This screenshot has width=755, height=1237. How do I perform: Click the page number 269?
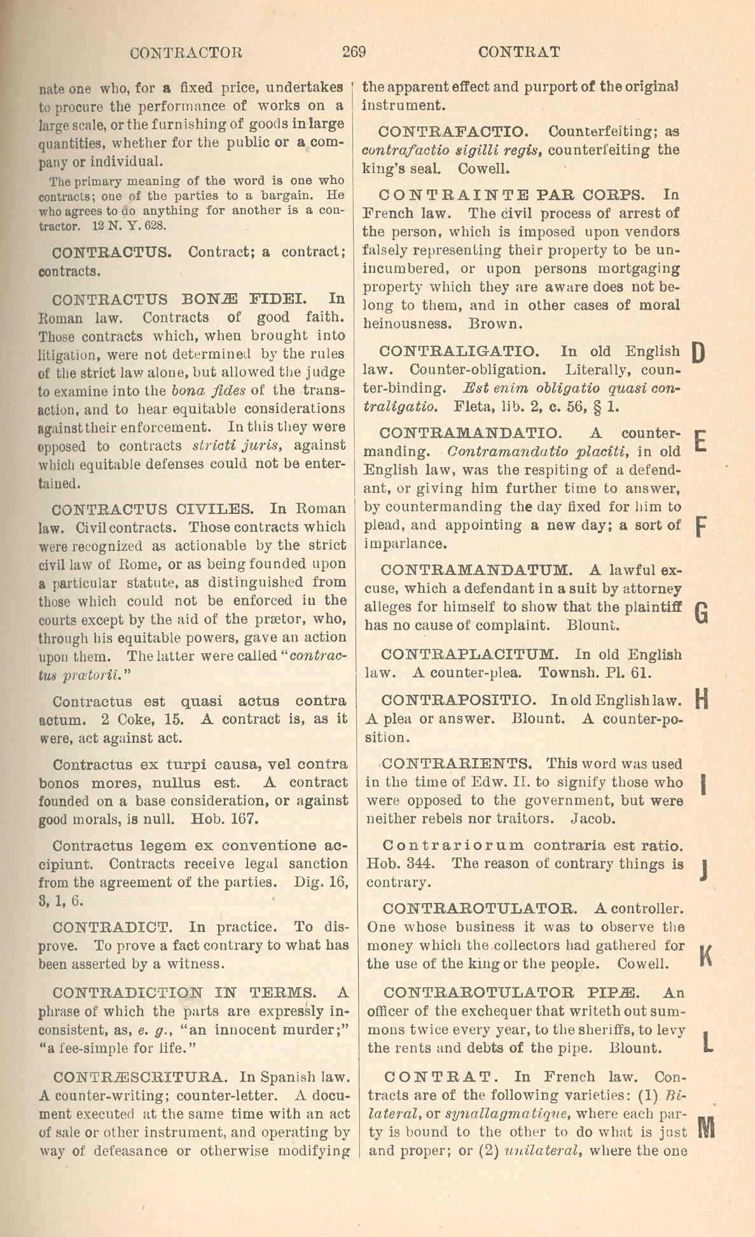pyautogui.click(x=354, y=52)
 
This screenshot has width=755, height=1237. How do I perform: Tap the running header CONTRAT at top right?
pyautogui.click(x=519, y=52)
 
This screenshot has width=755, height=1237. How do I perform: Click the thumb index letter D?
pyautogui.click(x=698, y=352)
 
